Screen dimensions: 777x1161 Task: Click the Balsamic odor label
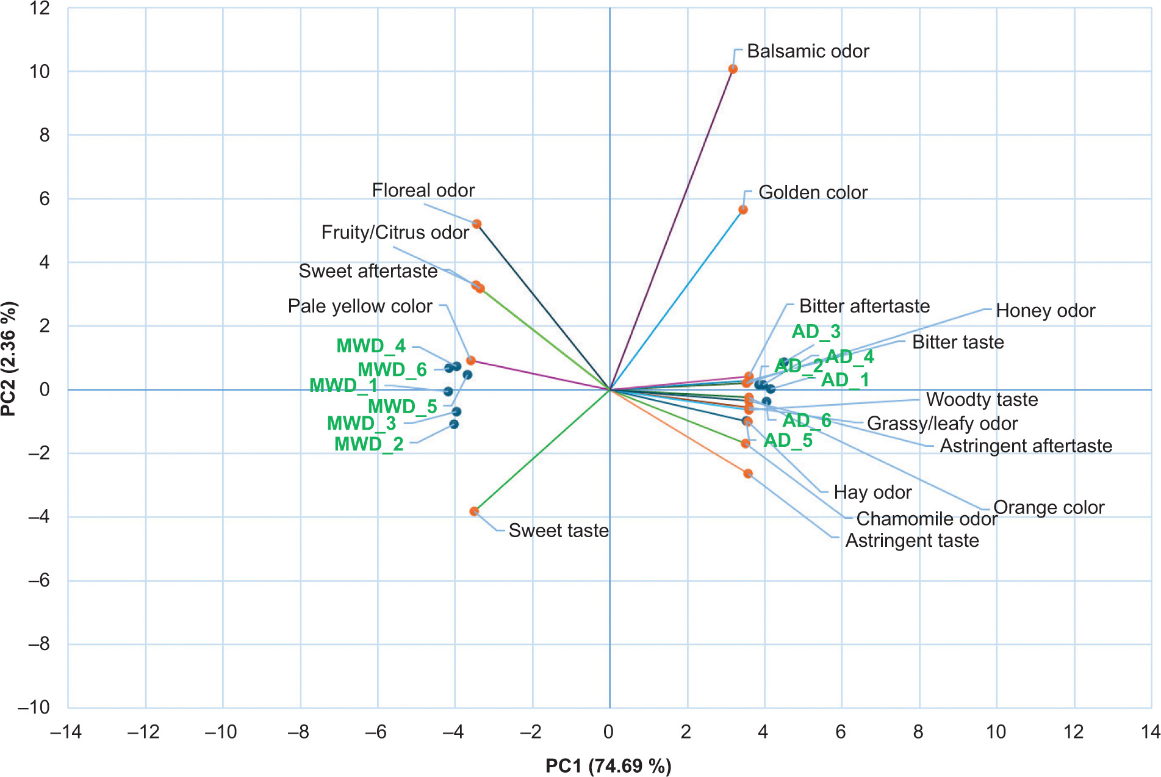(x=807, y=51)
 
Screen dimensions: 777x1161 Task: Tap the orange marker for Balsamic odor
(x=733, y=70)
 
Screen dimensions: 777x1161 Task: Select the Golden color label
(x=812, y=193)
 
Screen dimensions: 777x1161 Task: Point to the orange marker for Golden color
(x=742, y=210)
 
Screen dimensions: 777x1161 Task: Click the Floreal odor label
(x=423, y=190)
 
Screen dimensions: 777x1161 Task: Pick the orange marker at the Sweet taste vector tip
(x=474, y=511)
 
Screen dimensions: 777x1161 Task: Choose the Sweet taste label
(x=558, y=530)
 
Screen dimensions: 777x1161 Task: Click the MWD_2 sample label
(x=368, y=444)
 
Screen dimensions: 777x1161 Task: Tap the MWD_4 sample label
(x=371, y=346)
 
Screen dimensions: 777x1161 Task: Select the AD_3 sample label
(x=816, y=331)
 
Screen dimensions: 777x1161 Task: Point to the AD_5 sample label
(x=788, y=440)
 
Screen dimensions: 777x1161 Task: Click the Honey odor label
(x=1045, y=311)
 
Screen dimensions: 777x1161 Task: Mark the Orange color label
(x=1048, y=507)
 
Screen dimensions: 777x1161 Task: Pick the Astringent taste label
(x=911, y=541)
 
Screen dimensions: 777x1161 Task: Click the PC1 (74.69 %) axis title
(x=608, y=765)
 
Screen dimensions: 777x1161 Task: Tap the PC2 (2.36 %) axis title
(x=9, y=359)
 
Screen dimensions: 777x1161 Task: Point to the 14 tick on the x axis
(x=1151, y=732)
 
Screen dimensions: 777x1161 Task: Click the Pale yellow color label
(x=360, y=306)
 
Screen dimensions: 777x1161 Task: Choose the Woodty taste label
(x=982, y=400)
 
